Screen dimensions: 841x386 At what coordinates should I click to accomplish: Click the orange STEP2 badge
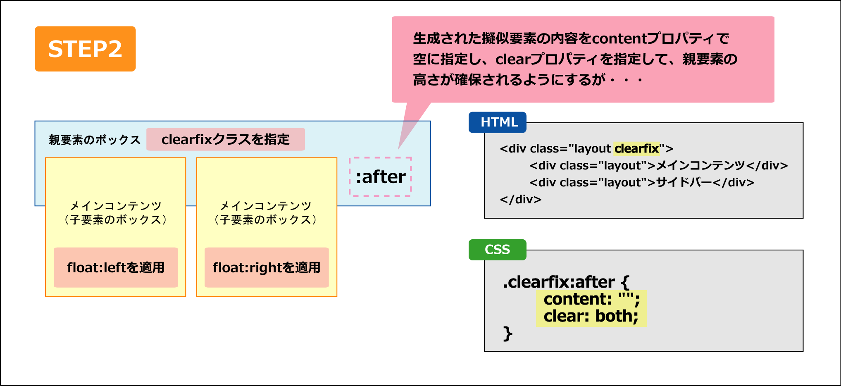click(85, 49)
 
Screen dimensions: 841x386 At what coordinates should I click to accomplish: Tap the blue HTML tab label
click(498, 122)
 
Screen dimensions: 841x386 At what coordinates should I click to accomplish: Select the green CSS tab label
click(498, 250)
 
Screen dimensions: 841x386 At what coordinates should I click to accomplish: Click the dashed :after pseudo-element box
click(380, 176)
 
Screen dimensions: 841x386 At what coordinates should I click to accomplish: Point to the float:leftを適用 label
click(116, 267)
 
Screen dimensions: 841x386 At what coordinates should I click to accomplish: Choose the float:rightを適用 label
click(267, 267)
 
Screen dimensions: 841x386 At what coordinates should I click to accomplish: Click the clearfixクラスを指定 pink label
click(226, 139)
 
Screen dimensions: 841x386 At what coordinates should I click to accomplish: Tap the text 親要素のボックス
click(95, 140)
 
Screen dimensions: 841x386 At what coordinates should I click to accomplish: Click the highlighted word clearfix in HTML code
click(636, 148)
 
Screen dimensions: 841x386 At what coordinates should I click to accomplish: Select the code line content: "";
click(592, 299)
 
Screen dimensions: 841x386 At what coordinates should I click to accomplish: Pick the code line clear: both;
click(591, 316)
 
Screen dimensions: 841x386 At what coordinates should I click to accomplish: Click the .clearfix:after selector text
click(566, 282)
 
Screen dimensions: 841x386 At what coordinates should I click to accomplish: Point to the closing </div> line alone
click(520, 200)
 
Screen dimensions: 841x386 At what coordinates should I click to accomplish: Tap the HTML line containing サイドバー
click(642, 182)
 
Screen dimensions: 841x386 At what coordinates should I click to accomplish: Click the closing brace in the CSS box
click(508, 334)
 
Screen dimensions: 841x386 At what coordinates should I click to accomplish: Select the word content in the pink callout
click(619, 38)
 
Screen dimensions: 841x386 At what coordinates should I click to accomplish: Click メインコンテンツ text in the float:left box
click(116, 206)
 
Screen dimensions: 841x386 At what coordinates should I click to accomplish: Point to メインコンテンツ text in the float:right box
click(265, 206)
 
